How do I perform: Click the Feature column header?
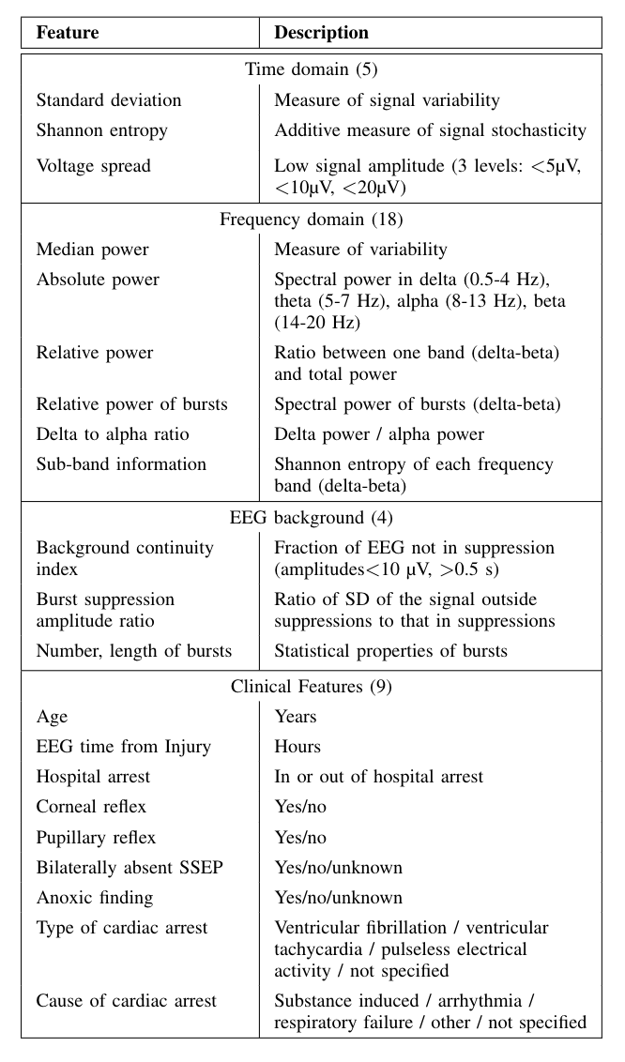coord(68,33)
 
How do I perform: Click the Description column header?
coord(321,33)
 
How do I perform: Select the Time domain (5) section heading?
coord(312,69)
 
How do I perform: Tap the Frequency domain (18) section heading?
coord(312,220)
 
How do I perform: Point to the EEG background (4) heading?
coord(312,518)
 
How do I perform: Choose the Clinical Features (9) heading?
coord(312,687)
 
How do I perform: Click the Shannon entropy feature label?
coord(101,130)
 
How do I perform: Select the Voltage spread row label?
coord(94,166)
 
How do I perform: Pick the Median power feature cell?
coord(93,250)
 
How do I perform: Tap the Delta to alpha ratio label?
coord(114,433)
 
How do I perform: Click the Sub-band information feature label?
coord(121,463)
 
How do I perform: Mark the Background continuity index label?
coord(125,558)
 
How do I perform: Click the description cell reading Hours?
coord(297,747)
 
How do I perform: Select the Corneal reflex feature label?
coord(91,807)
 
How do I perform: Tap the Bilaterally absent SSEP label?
coord(129,867)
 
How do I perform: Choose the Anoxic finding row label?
coord(94,897)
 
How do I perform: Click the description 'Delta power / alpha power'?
coord(379,433)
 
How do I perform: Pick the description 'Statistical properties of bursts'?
coord(390,651)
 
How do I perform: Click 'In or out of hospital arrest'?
coord(378,777)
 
